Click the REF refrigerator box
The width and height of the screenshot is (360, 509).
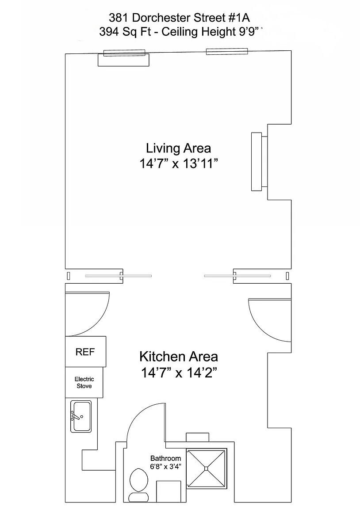85,352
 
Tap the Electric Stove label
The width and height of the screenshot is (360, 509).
84,382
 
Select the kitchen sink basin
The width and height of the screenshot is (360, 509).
81,416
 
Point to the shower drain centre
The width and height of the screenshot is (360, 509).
206,468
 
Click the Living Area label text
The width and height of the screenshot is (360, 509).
178,148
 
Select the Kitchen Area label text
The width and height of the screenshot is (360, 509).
178,357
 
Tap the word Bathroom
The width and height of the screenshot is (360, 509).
165,458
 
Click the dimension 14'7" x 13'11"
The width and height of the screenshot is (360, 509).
178,163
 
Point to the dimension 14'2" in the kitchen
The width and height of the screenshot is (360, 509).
202,372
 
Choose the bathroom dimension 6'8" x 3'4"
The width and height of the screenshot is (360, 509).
165,467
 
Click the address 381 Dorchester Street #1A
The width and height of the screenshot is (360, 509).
180,17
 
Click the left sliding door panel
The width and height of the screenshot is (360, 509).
118,276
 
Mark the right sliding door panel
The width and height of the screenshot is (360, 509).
237,276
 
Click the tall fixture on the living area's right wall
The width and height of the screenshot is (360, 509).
257,161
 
